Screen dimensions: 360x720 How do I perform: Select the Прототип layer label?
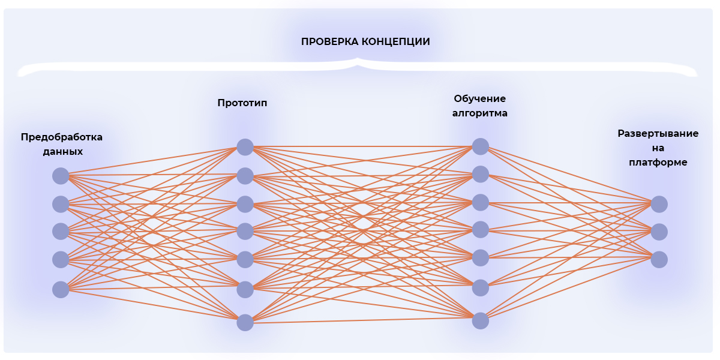point(242,103)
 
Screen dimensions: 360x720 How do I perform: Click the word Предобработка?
point(62,137)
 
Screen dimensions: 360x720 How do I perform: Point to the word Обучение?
point(480,98)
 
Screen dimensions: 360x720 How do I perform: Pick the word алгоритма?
point(480,113)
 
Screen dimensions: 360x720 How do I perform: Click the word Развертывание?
point(658,133)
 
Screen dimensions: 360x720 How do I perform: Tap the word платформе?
point(658,162)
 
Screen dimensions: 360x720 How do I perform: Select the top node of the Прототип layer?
point(245,147)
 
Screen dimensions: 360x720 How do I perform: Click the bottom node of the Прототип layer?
point(245,323)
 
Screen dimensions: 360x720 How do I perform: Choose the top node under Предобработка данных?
point(61,176)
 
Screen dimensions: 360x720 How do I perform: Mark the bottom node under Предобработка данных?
point(61,290)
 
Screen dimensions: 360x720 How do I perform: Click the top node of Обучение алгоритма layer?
point(480,146)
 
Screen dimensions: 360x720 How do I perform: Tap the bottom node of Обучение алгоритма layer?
point(480,321)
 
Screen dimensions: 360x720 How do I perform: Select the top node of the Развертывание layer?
point(659,204)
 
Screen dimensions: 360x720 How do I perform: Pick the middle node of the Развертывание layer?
point(659,232)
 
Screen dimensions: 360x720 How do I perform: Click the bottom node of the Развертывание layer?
point(659,259)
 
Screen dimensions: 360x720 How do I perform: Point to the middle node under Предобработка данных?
point(61,232)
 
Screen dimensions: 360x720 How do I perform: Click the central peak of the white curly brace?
point(358,60)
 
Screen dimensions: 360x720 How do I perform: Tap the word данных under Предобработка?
point(62,151)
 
